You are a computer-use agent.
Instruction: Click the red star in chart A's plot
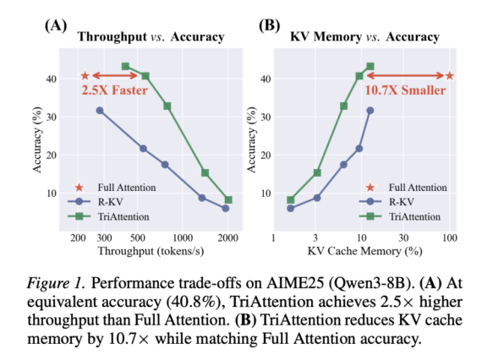[x=85, y=76]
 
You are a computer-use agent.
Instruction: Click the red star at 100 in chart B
[x=450, y=76]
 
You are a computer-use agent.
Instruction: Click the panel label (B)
[x=267, y=24]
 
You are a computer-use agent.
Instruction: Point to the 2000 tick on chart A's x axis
[x=226, y=239]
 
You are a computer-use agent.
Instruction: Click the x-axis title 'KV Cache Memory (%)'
[x=365, y=252]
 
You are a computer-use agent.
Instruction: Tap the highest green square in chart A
[x=125, y=66]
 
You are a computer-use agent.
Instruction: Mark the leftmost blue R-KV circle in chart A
[x=100, y=111]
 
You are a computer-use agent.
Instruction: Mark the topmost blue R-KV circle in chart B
[x=370, y=111]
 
